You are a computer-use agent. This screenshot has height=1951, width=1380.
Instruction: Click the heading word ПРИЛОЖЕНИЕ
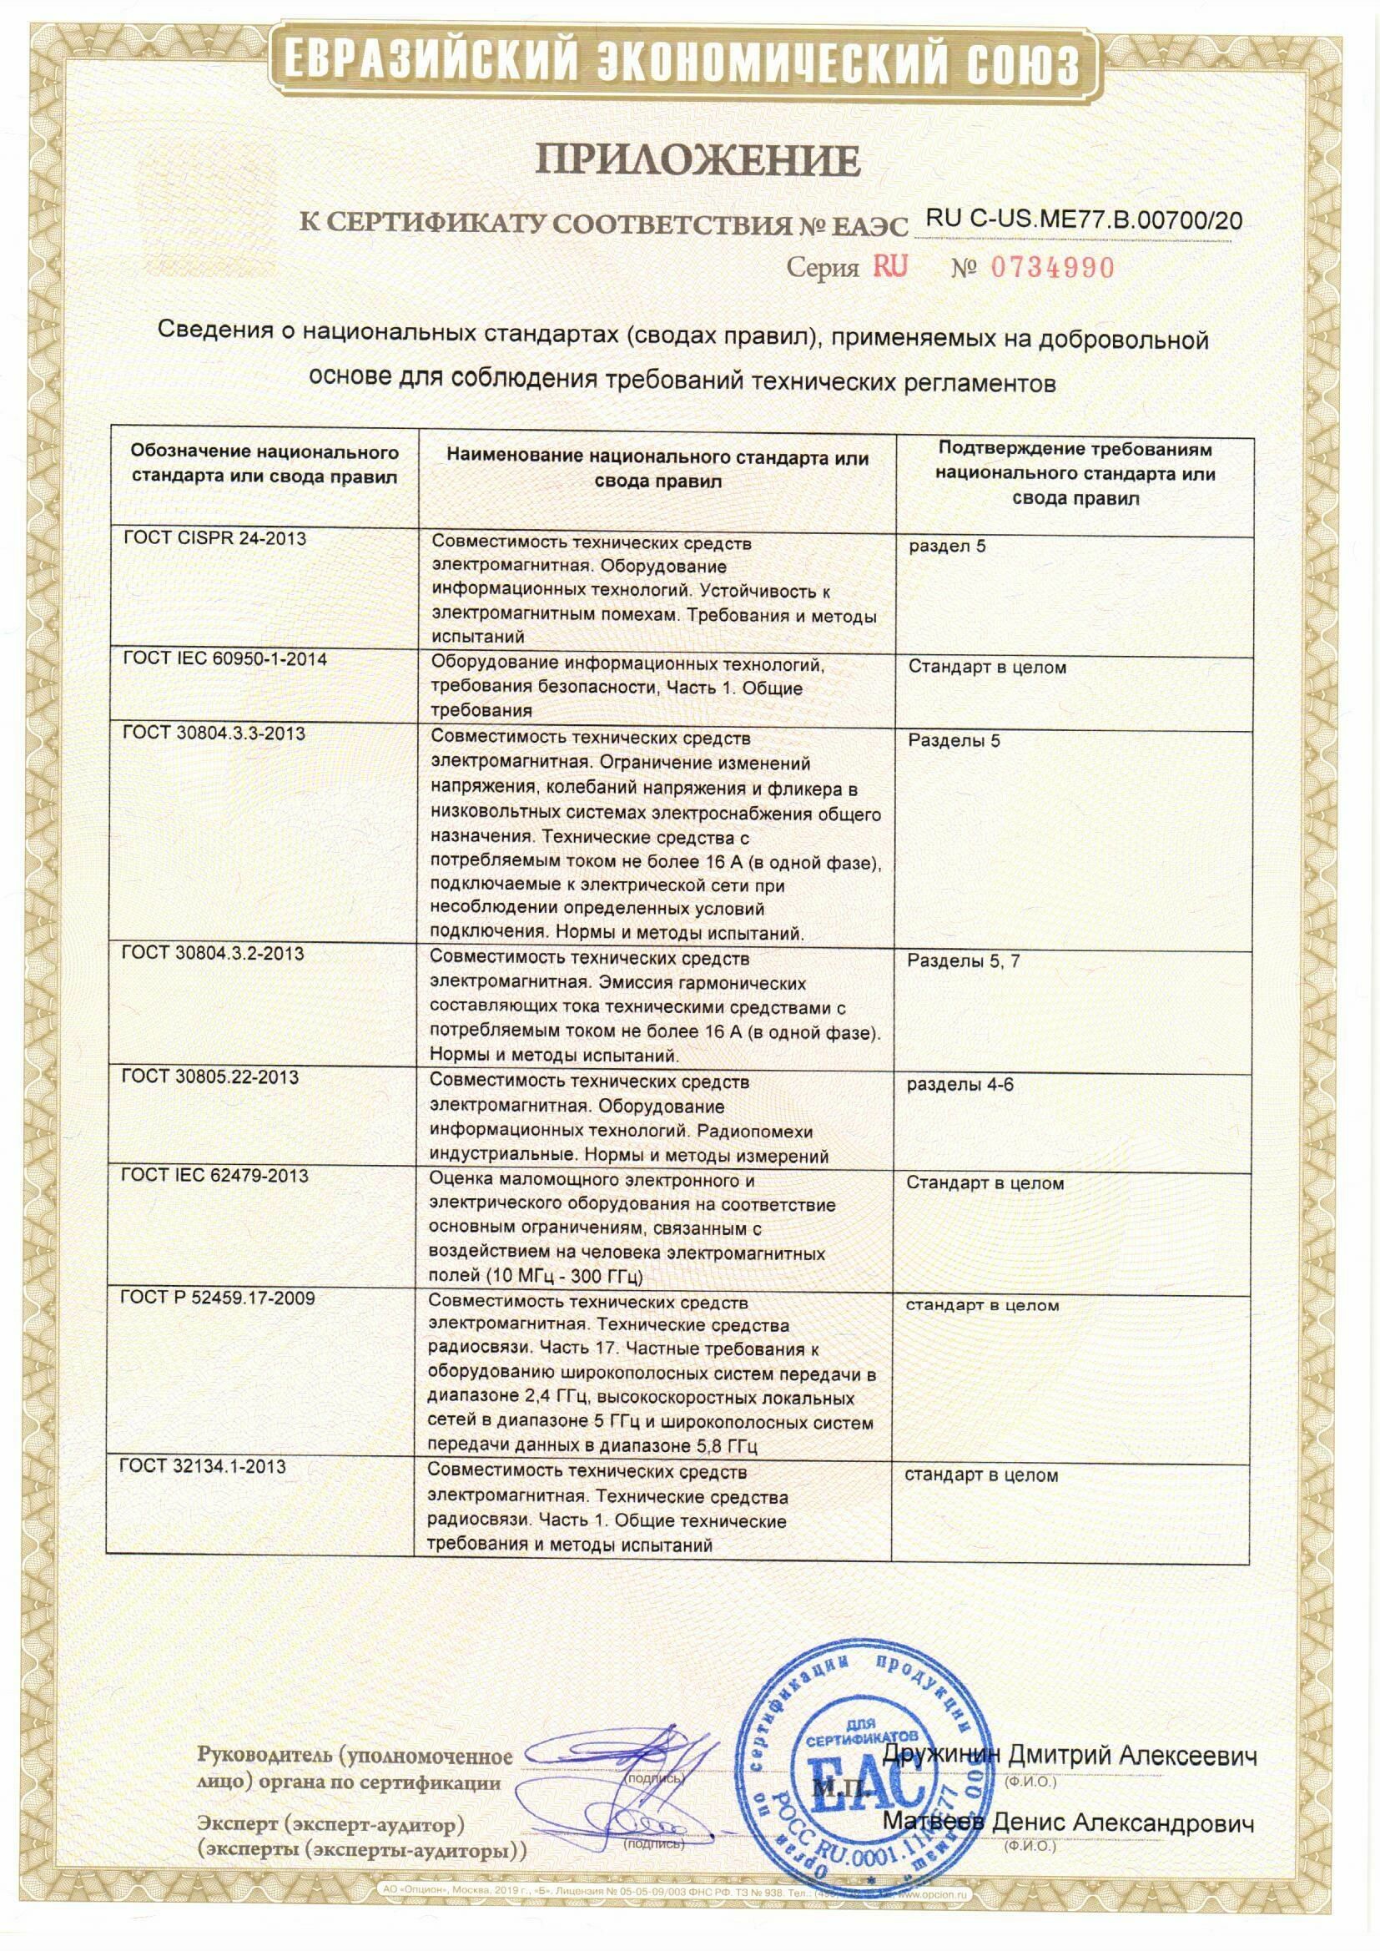pos(696,159)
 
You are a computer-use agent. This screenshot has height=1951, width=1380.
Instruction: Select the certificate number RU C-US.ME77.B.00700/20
pos(1084,221)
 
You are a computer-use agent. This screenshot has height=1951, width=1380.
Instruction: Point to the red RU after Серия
pos(889,267)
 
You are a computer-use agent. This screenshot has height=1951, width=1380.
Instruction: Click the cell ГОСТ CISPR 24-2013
pos(214,539)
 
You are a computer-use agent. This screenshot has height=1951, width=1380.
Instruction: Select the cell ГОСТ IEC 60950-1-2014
pos(224,659)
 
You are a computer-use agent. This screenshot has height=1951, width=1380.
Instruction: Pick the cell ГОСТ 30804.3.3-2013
pos(214,734)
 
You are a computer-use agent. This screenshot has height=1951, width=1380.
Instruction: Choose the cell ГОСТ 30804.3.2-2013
pos(213,954)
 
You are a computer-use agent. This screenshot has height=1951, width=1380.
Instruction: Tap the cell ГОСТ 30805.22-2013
pos(210,1077)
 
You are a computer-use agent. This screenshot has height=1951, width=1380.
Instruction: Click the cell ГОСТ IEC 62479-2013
pos(214,1176)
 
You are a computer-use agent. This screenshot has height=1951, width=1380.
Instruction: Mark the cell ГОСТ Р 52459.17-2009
pos(218,1298)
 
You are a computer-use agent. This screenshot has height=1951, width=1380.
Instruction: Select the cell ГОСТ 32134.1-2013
pos(202,1467)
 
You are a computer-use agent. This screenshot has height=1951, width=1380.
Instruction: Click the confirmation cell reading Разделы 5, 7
pos(964,961)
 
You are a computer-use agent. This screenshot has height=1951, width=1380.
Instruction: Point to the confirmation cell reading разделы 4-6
pos(959,1085)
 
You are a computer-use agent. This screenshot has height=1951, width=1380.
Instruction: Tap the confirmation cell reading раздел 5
pos(947,547)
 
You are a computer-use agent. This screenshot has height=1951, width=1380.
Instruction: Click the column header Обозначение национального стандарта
pos(264,464)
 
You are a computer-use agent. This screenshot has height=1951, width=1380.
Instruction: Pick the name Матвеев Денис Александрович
pos(1068,1822)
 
